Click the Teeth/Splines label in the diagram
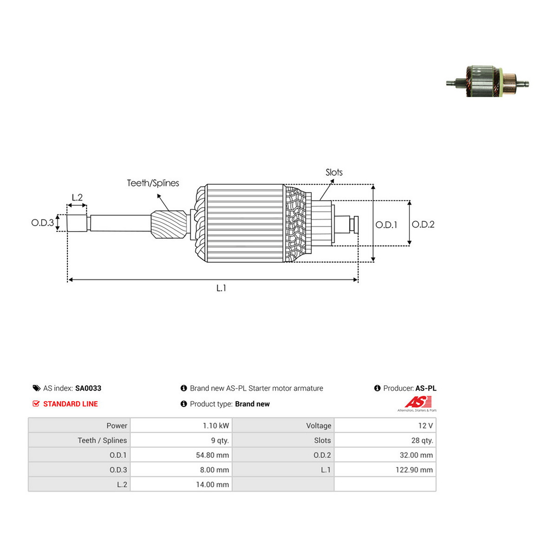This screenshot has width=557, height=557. tap(153, 183)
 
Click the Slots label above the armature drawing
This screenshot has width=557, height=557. tap(334, 172)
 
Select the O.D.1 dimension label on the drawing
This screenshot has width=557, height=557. tap(386, 225)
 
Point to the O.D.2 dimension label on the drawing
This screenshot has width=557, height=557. tap(423, 224)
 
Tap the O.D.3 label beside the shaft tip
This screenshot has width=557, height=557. tap(43, 223)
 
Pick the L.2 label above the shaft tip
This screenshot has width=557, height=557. tap(77, 197)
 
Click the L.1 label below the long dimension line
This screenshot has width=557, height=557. tap(221, 288)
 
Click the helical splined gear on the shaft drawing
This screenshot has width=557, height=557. tap(169, 224)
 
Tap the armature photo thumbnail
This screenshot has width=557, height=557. tap(487, 81)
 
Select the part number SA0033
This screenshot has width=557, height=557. tap(88, 388)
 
